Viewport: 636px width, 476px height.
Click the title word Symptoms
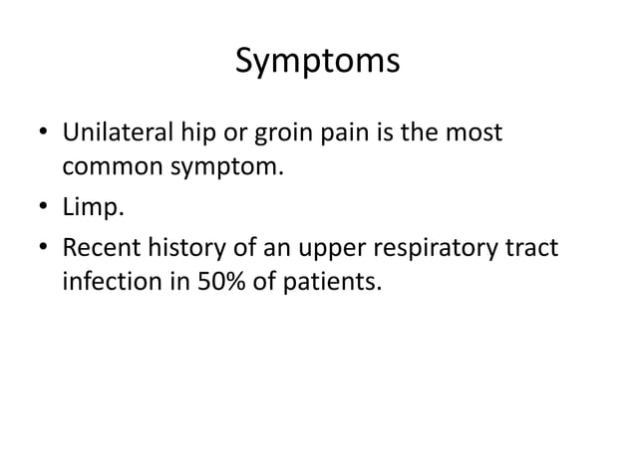tap(317, 62)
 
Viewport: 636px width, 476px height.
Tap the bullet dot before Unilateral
tap(43, 132)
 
